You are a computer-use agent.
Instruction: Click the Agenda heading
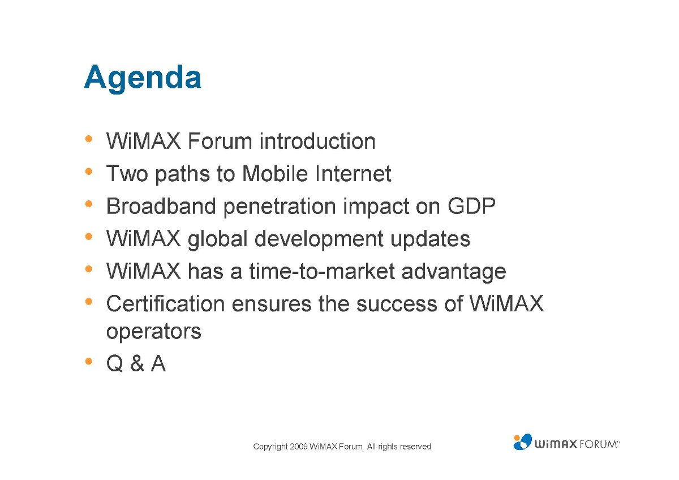(143, 78)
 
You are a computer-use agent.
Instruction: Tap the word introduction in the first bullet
(317, 141)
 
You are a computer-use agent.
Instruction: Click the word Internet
(353, 173)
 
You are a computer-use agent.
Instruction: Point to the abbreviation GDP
(472, 206)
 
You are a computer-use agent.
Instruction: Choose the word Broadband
(161, 206)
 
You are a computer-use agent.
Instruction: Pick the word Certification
(165, 303)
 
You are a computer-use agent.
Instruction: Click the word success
(397, 305)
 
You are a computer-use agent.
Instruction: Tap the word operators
(154, 332)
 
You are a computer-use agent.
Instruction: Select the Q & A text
(136, 363)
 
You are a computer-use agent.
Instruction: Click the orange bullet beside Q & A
(88, 361)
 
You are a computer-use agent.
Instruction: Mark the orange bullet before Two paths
(88, 172)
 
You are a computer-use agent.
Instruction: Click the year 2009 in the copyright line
(299, 447)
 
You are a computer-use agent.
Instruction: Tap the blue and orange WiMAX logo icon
(522, 442)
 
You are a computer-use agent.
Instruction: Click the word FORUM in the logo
(598, 444)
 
